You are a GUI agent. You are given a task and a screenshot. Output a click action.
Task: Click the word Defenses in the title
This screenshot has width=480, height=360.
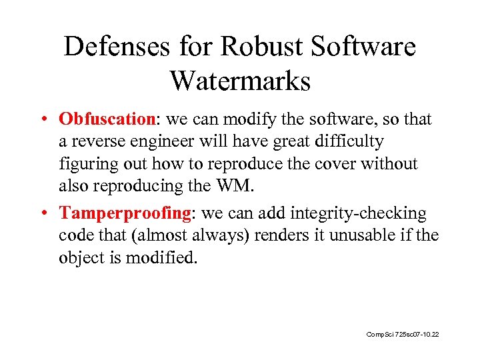114,47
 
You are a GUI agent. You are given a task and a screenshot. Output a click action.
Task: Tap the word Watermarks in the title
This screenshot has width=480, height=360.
240,81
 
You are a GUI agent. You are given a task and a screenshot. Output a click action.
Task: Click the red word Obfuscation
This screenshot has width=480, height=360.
107,119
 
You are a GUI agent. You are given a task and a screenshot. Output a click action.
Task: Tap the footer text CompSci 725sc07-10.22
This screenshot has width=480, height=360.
403,333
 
